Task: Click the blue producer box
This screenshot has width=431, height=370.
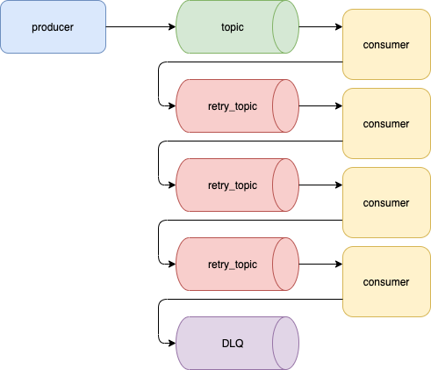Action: click(x=53, y=26)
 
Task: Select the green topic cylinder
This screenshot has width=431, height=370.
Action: click(x=237, y=26)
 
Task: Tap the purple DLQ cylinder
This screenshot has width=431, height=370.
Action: click(x=237, y=343)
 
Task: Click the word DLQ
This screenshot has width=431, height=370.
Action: click(x=233, y=344)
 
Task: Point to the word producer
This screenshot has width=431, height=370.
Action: click(x=53, y=27)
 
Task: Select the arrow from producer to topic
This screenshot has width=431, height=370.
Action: click(x=140, y=26)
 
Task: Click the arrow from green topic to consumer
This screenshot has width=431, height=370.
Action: click(x=320, y=26)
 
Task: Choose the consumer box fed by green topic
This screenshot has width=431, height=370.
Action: click(x=386, y=44)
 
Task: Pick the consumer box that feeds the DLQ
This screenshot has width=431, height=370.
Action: click(x=386, y=281)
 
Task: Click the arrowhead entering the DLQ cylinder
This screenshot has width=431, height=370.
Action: click(x=172, y=343)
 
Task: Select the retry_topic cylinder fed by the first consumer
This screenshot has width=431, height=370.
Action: click(x=237, y=105)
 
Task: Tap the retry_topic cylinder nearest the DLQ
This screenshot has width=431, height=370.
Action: click(x=237, y=264)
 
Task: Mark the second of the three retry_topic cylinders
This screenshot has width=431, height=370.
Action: click(x=237, y=185)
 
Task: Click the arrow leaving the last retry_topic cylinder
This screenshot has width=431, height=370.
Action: click(x=320, y=264)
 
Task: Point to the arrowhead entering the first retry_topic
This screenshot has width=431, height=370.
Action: click(x=172, y=105)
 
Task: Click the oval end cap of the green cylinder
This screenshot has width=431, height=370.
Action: click(x=285, y=26)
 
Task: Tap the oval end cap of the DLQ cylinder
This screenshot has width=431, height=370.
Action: click(x=285, y=343)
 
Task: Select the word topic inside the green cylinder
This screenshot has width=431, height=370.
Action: click(x=233, y=27)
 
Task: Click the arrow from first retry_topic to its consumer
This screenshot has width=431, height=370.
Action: click(x=320, y=105)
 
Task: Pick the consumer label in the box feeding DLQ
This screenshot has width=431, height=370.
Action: click(x=386, y=282)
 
